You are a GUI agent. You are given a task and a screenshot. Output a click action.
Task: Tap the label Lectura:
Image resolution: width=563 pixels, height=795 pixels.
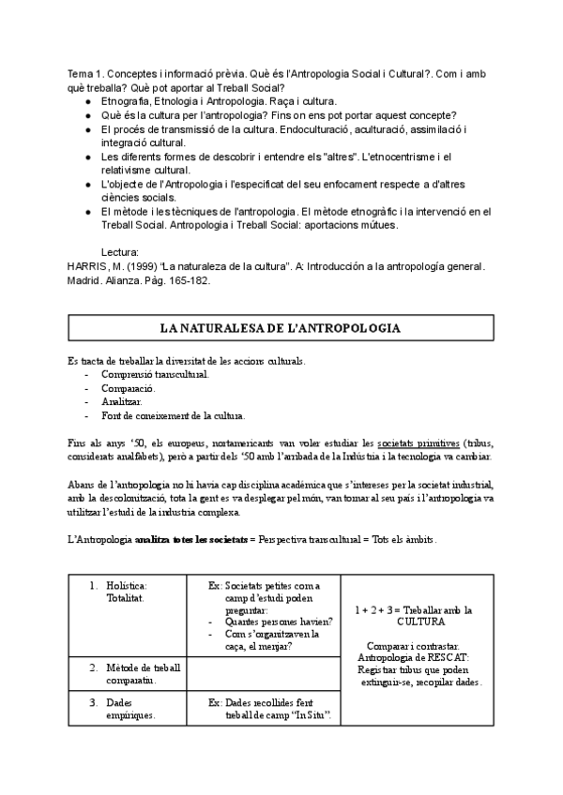coord(120,252)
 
